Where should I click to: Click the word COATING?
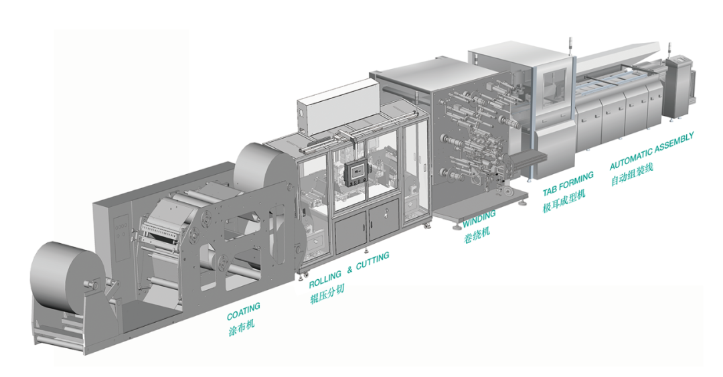[244, 311]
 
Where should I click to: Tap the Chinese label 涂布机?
[241, 327]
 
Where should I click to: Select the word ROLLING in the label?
[325, 279]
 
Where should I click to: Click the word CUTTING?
[373, 260]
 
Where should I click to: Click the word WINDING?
[479, 218]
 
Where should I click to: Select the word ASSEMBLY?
[673, 143]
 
